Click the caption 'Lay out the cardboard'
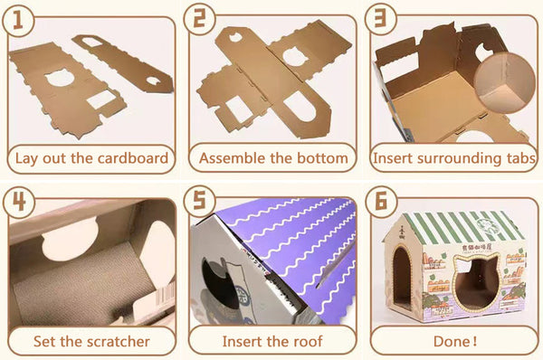click(90, 158)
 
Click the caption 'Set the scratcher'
click(90, 342)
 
